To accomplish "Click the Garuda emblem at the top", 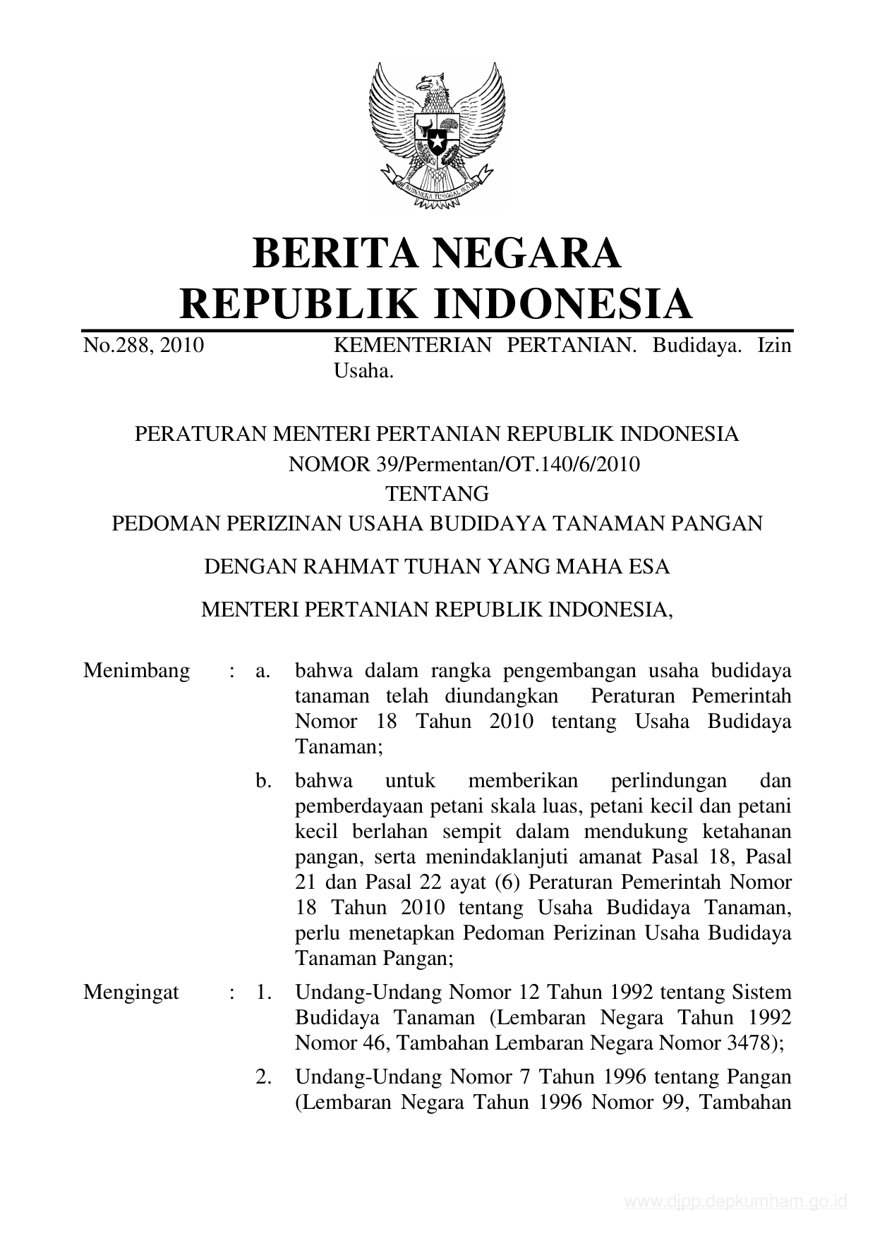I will coord(437,134).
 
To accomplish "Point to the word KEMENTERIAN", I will coord(412,346).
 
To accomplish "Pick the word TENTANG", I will coord(437,493).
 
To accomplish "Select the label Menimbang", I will coord(136,670).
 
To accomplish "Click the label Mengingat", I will coord(131,993).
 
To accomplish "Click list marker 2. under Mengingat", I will coord(264,1077).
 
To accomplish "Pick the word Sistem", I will coord(761,993).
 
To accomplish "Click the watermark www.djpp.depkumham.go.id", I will coord(735,1202).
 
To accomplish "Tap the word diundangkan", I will coord(501,696).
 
